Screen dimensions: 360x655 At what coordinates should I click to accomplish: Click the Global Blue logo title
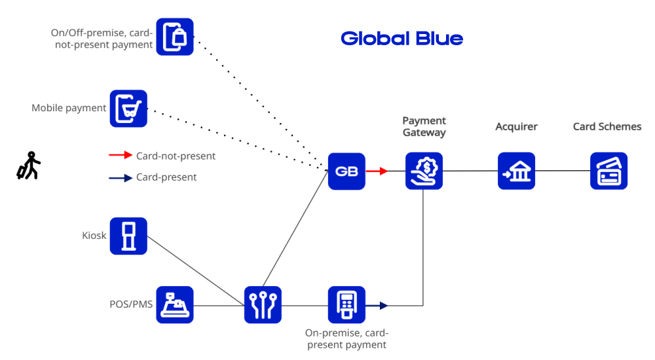pyautogui.click(x=402, y=39)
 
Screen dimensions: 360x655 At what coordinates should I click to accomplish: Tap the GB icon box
pyautogui.click(x=346, y=171)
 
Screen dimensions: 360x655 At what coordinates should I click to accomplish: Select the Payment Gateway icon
pyautogui.click(x=424, y=171)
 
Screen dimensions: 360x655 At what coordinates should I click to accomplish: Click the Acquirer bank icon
pyautogui.click(x=516, y=171)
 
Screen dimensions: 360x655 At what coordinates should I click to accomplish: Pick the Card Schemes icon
pyautogui.click(x=608, y=171)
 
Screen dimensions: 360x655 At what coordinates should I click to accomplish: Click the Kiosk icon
pyautogui.click(x=128, y=236)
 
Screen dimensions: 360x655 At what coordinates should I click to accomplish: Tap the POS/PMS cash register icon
pyautogui.click(x=175, y=305)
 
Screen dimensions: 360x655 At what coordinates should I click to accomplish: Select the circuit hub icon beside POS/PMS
pyautogui.click(x=263, y=305)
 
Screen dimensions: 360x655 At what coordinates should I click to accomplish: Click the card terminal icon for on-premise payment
pyautogui.click(x=346, y=305)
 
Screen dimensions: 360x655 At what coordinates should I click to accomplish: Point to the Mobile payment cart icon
pyautogui.click(x=128, y=109)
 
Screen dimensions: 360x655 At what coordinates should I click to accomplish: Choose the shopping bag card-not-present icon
pyautogui.click(x=175, y=37)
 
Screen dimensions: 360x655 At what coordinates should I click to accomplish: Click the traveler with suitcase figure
pyautogui.click(x=28, y=166)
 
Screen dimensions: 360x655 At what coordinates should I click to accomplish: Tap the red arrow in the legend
pyautogui.click(x=121, y=156)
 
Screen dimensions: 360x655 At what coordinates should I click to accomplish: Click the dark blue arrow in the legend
pyautogui.click(x=121, y=177)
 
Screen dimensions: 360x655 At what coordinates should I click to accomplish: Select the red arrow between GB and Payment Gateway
pyautogui.click(x=377, y=171)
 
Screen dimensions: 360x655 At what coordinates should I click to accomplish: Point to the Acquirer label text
pyautogui.click(x=516, y=126)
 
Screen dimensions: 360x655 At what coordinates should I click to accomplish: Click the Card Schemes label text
pyautogui.click(x=607, y=126)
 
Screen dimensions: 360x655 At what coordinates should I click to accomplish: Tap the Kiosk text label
pyautogui.click(x=94, y=236)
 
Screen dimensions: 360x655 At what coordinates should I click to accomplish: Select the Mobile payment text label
pyautogui.click(x=69, y=108)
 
